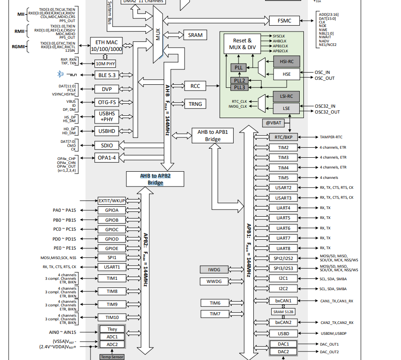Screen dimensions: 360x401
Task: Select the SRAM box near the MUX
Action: pyautogui.click(x=195, y=35)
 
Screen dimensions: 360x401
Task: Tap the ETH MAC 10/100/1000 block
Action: pyautogui.click(x=106, y=46)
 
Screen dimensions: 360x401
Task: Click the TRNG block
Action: pyautogui.click(x=195, y=104)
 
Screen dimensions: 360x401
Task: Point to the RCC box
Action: pyautogui.click(x=195, y=86)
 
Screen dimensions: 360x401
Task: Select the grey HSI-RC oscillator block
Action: pyautogui.click(x=286, y=62)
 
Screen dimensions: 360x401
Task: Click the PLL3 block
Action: pyautogui.click(x=239, y=87)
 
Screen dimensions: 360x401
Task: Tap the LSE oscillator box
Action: pyautogui.click(x=286, y=108)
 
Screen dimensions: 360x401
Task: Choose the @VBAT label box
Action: pyautogui.click(x=274, y=123)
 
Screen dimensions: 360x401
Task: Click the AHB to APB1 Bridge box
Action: pyautogui.click(x=213, y=136)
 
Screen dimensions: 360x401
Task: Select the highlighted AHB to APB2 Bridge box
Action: pyautogui.click(x=155, y=179)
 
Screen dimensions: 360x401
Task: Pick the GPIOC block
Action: pyautogui.click(x=112, y=229)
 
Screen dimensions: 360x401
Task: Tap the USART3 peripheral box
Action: pyautogui.click(x=283, y=198)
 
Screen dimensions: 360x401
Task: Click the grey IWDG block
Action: pyautogui.click(x=214, y=269)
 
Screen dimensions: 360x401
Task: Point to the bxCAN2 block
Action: pyautogui.click(x=283, y=322)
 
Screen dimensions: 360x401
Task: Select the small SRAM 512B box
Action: pyautogui.click(x=284, y=311)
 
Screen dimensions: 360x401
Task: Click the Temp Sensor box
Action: pyautogui.click(x=112, y=357)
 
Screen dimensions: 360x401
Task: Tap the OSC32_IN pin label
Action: pyautogui.click(x=327, y=106)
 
